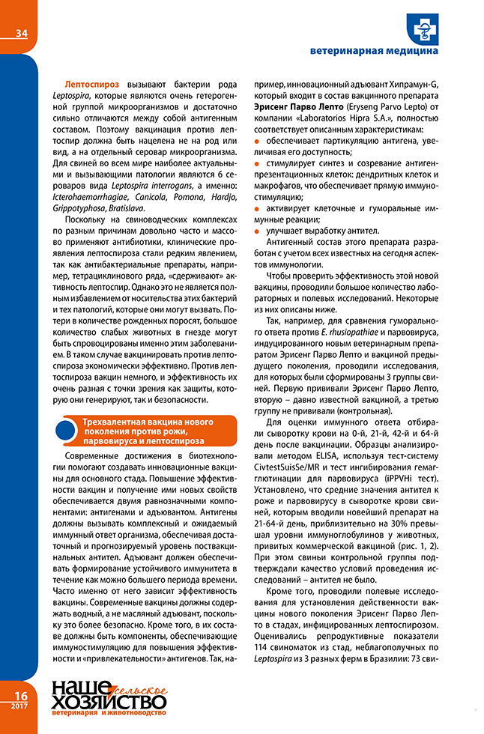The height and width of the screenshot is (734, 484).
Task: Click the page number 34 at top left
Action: (20, 32)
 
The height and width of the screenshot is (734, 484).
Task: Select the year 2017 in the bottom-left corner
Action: (20, 706)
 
